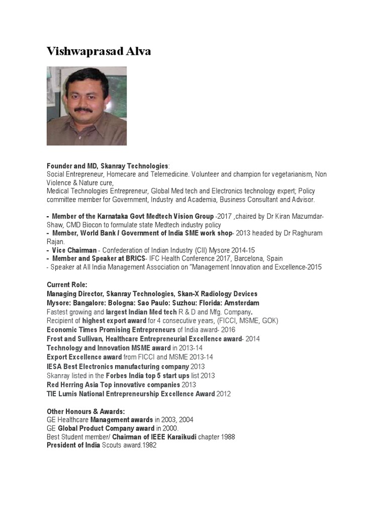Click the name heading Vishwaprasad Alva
tap(99, 51)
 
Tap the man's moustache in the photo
tap(81, 109)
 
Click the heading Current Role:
tap(67, 285)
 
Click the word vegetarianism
tap(286, 174)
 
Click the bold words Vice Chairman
tap(74, 250)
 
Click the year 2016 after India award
tap(223, 330)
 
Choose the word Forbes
tap(117, 375)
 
